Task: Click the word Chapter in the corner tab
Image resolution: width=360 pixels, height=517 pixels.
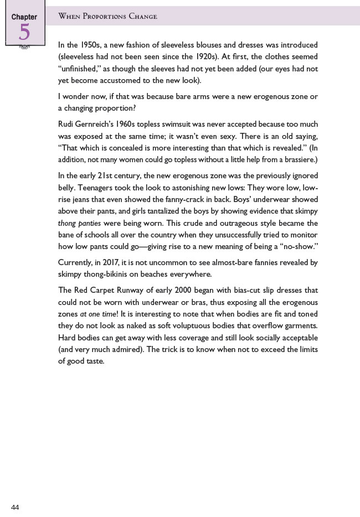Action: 24,17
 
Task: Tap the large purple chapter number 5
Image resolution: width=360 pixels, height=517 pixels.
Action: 24,33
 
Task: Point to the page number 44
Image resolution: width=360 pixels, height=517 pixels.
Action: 15,507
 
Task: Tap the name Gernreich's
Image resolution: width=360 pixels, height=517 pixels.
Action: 101,125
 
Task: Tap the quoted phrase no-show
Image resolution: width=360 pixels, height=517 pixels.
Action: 299,247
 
